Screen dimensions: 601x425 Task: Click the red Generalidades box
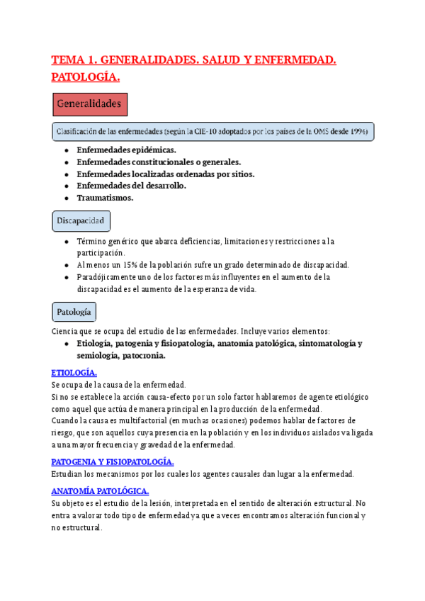[90, 104]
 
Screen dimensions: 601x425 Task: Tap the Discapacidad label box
[81, 221]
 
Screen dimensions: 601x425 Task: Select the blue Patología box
[74, 312]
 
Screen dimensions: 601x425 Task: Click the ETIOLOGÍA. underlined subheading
[74, 373]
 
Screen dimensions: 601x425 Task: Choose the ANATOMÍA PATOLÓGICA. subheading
[100, 491]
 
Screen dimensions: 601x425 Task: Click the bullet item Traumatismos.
[105, 198]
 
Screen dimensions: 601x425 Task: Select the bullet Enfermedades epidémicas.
[126, 150]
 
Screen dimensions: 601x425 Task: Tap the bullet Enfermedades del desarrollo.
[131, 186]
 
